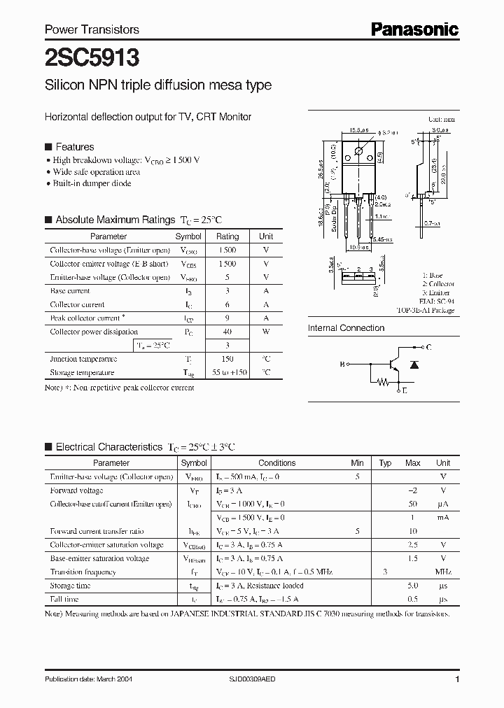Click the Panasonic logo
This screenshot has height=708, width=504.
[x=414, y=29]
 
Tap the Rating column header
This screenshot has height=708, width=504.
[x=227, y=236]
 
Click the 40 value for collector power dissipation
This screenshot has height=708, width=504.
[x=227, y=332]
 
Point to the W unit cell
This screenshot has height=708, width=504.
[x=266, y=332]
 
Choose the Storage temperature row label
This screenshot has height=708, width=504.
[x=81, y=373]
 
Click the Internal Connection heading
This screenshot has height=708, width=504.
[x=346, y=328]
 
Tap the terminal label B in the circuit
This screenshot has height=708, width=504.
[x=343, y=364]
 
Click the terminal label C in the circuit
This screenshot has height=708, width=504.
[x=428, y=348]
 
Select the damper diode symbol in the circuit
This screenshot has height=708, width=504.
[x=414, y=364]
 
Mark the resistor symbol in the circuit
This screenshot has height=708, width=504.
[x=383, y=383]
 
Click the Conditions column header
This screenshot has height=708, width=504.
[x=277, y=463]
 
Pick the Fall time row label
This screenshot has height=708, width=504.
[x=64, y=599]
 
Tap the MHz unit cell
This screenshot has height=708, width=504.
[x=443, y=572]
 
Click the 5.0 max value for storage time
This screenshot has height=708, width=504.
[x=413, y=586]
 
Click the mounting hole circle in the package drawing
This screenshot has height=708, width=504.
[x=358, y=151]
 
